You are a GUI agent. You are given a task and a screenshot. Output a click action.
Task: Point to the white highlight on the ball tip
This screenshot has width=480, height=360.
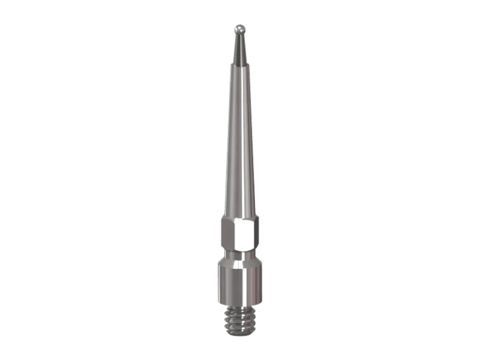point(237,26)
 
